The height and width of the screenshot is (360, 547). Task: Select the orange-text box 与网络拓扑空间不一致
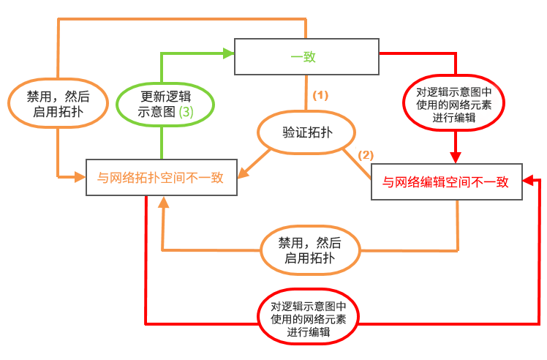[x=162, y=177]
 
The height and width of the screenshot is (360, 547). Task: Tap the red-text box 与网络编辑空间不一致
[x=446, y=183]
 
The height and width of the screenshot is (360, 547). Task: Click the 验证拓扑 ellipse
[x=306, y=133]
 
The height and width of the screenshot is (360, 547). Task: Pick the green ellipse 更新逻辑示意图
[x=166, y=104]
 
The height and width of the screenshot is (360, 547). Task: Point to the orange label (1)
[x=321, y=95]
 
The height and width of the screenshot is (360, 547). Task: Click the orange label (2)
[x=365, y=154]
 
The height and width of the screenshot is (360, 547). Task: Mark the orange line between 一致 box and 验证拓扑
[x=306, y=95]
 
